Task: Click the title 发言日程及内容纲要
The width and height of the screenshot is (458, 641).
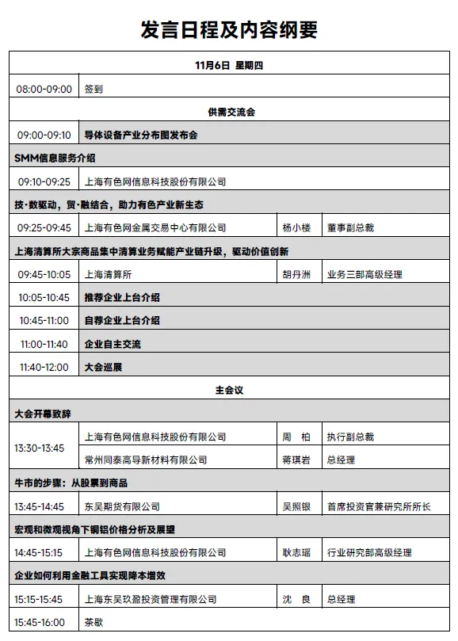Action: (x=228, y=29)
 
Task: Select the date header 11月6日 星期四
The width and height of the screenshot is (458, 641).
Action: (x=228, y=66)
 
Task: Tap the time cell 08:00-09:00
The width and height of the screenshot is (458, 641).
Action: (x=44, y=90)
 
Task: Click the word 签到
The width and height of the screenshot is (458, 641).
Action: (x=94, y=90)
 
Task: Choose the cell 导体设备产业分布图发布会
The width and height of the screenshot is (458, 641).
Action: (x=140, y=135)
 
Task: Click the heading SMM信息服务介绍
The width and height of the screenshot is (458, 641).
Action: (x=55, y=158)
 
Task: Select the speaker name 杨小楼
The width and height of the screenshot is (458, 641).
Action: (x=297, y=228)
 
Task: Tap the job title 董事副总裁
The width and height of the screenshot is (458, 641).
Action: (x=349, y=228)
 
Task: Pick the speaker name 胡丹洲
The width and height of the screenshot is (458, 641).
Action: (x=297, y=275)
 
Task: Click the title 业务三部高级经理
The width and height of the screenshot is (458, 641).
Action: (x=364, y=275)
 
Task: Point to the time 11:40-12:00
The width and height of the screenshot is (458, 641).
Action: (x=44, y=368)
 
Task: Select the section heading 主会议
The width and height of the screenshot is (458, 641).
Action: (x=228, y=391)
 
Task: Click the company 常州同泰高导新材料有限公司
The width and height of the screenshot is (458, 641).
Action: (x=145, y=460)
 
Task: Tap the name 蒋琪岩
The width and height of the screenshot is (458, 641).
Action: (x=296, y=460)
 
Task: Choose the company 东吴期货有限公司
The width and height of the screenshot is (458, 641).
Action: (x=122, y=506)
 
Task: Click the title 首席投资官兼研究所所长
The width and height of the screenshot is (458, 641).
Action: (x=379, y=506)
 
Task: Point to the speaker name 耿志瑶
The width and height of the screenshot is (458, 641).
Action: (x=297, y=553)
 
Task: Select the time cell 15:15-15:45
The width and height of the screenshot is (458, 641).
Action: (x=44, y=600)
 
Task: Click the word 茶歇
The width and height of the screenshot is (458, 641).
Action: (x=94, y=623)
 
